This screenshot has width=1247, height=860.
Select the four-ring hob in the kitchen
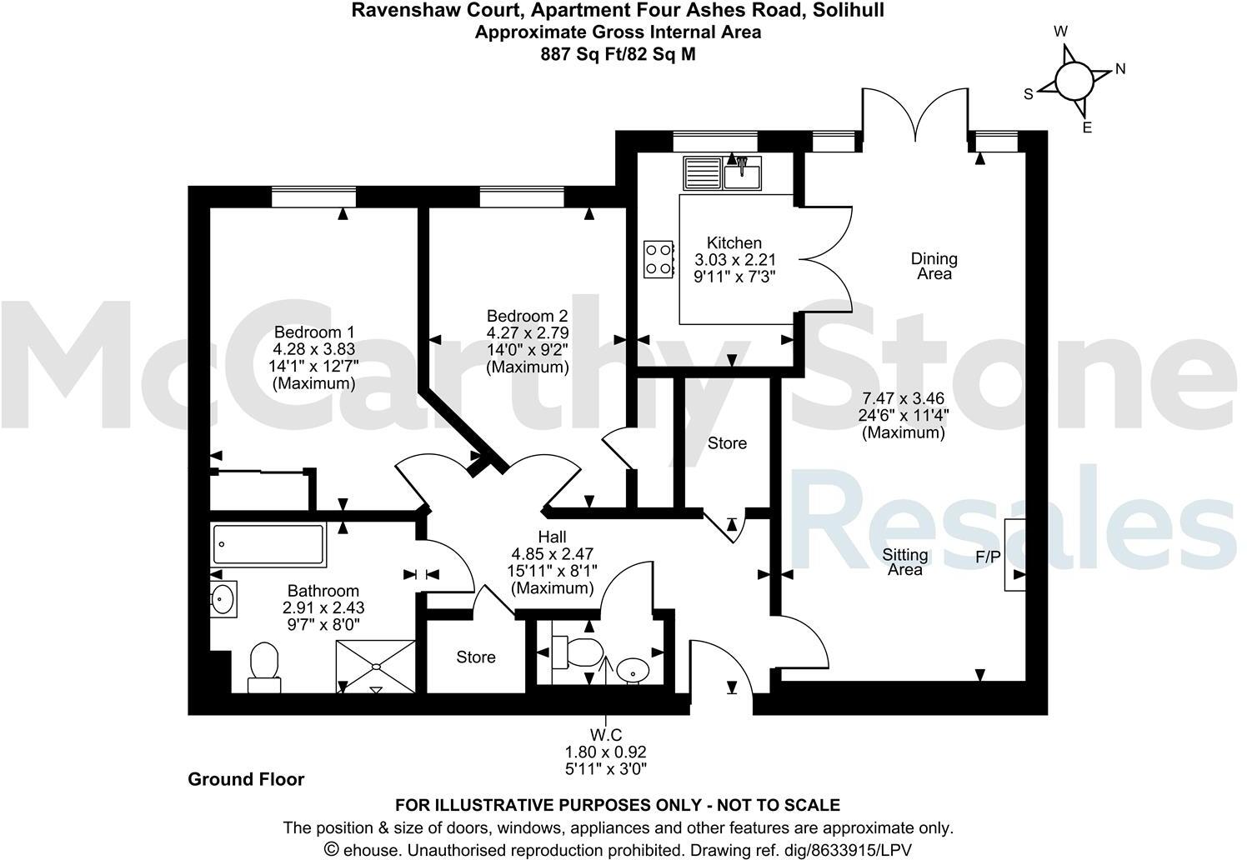(659, 258)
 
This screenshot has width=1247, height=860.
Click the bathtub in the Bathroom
(268, 544)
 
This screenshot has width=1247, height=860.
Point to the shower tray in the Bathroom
(376, 666)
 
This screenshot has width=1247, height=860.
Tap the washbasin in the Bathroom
(223, 598)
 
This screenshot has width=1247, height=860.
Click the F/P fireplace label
(987, 557)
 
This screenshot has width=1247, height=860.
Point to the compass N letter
(1120, 69)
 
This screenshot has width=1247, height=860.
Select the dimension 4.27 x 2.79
(528, 332)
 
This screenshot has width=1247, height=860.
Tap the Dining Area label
(934, 266)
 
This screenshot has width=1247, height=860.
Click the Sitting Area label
(904, 562)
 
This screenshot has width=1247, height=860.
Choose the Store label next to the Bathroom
(475, 657)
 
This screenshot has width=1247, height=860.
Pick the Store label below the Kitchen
(727, 443)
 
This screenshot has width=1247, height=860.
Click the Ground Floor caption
(246, 779)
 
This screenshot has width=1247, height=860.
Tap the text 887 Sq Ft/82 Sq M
(617, 54)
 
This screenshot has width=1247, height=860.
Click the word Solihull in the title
(851, 11)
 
